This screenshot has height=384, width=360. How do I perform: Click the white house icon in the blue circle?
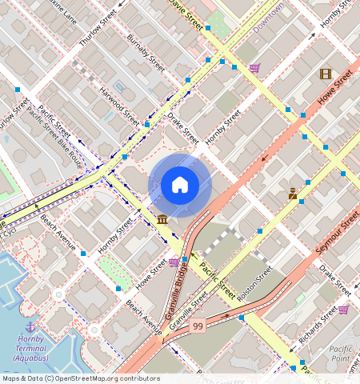pyautogui.click(x=180, y=186)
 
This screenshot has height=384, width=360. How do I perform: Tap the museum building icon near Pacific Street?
pyautogui.click(x=162, y=219)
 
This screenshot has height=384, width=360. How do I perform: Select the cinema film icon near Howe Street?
pyautogui.click(x=325, y=74)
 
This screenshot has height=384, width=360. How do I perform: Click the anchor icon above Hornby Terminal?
pyautogui.click(x=31, y=327)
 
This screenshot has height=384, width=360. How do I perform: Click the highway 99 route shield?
pyautogui.click(x=198, y=325)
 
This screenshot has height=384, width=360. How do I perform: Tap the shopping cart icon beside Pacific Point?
pyautogui.click(x=343, y=310)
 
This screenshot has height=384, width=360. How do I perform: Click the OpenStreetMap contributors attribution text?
pyautogui.click(x=81, y=378)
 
